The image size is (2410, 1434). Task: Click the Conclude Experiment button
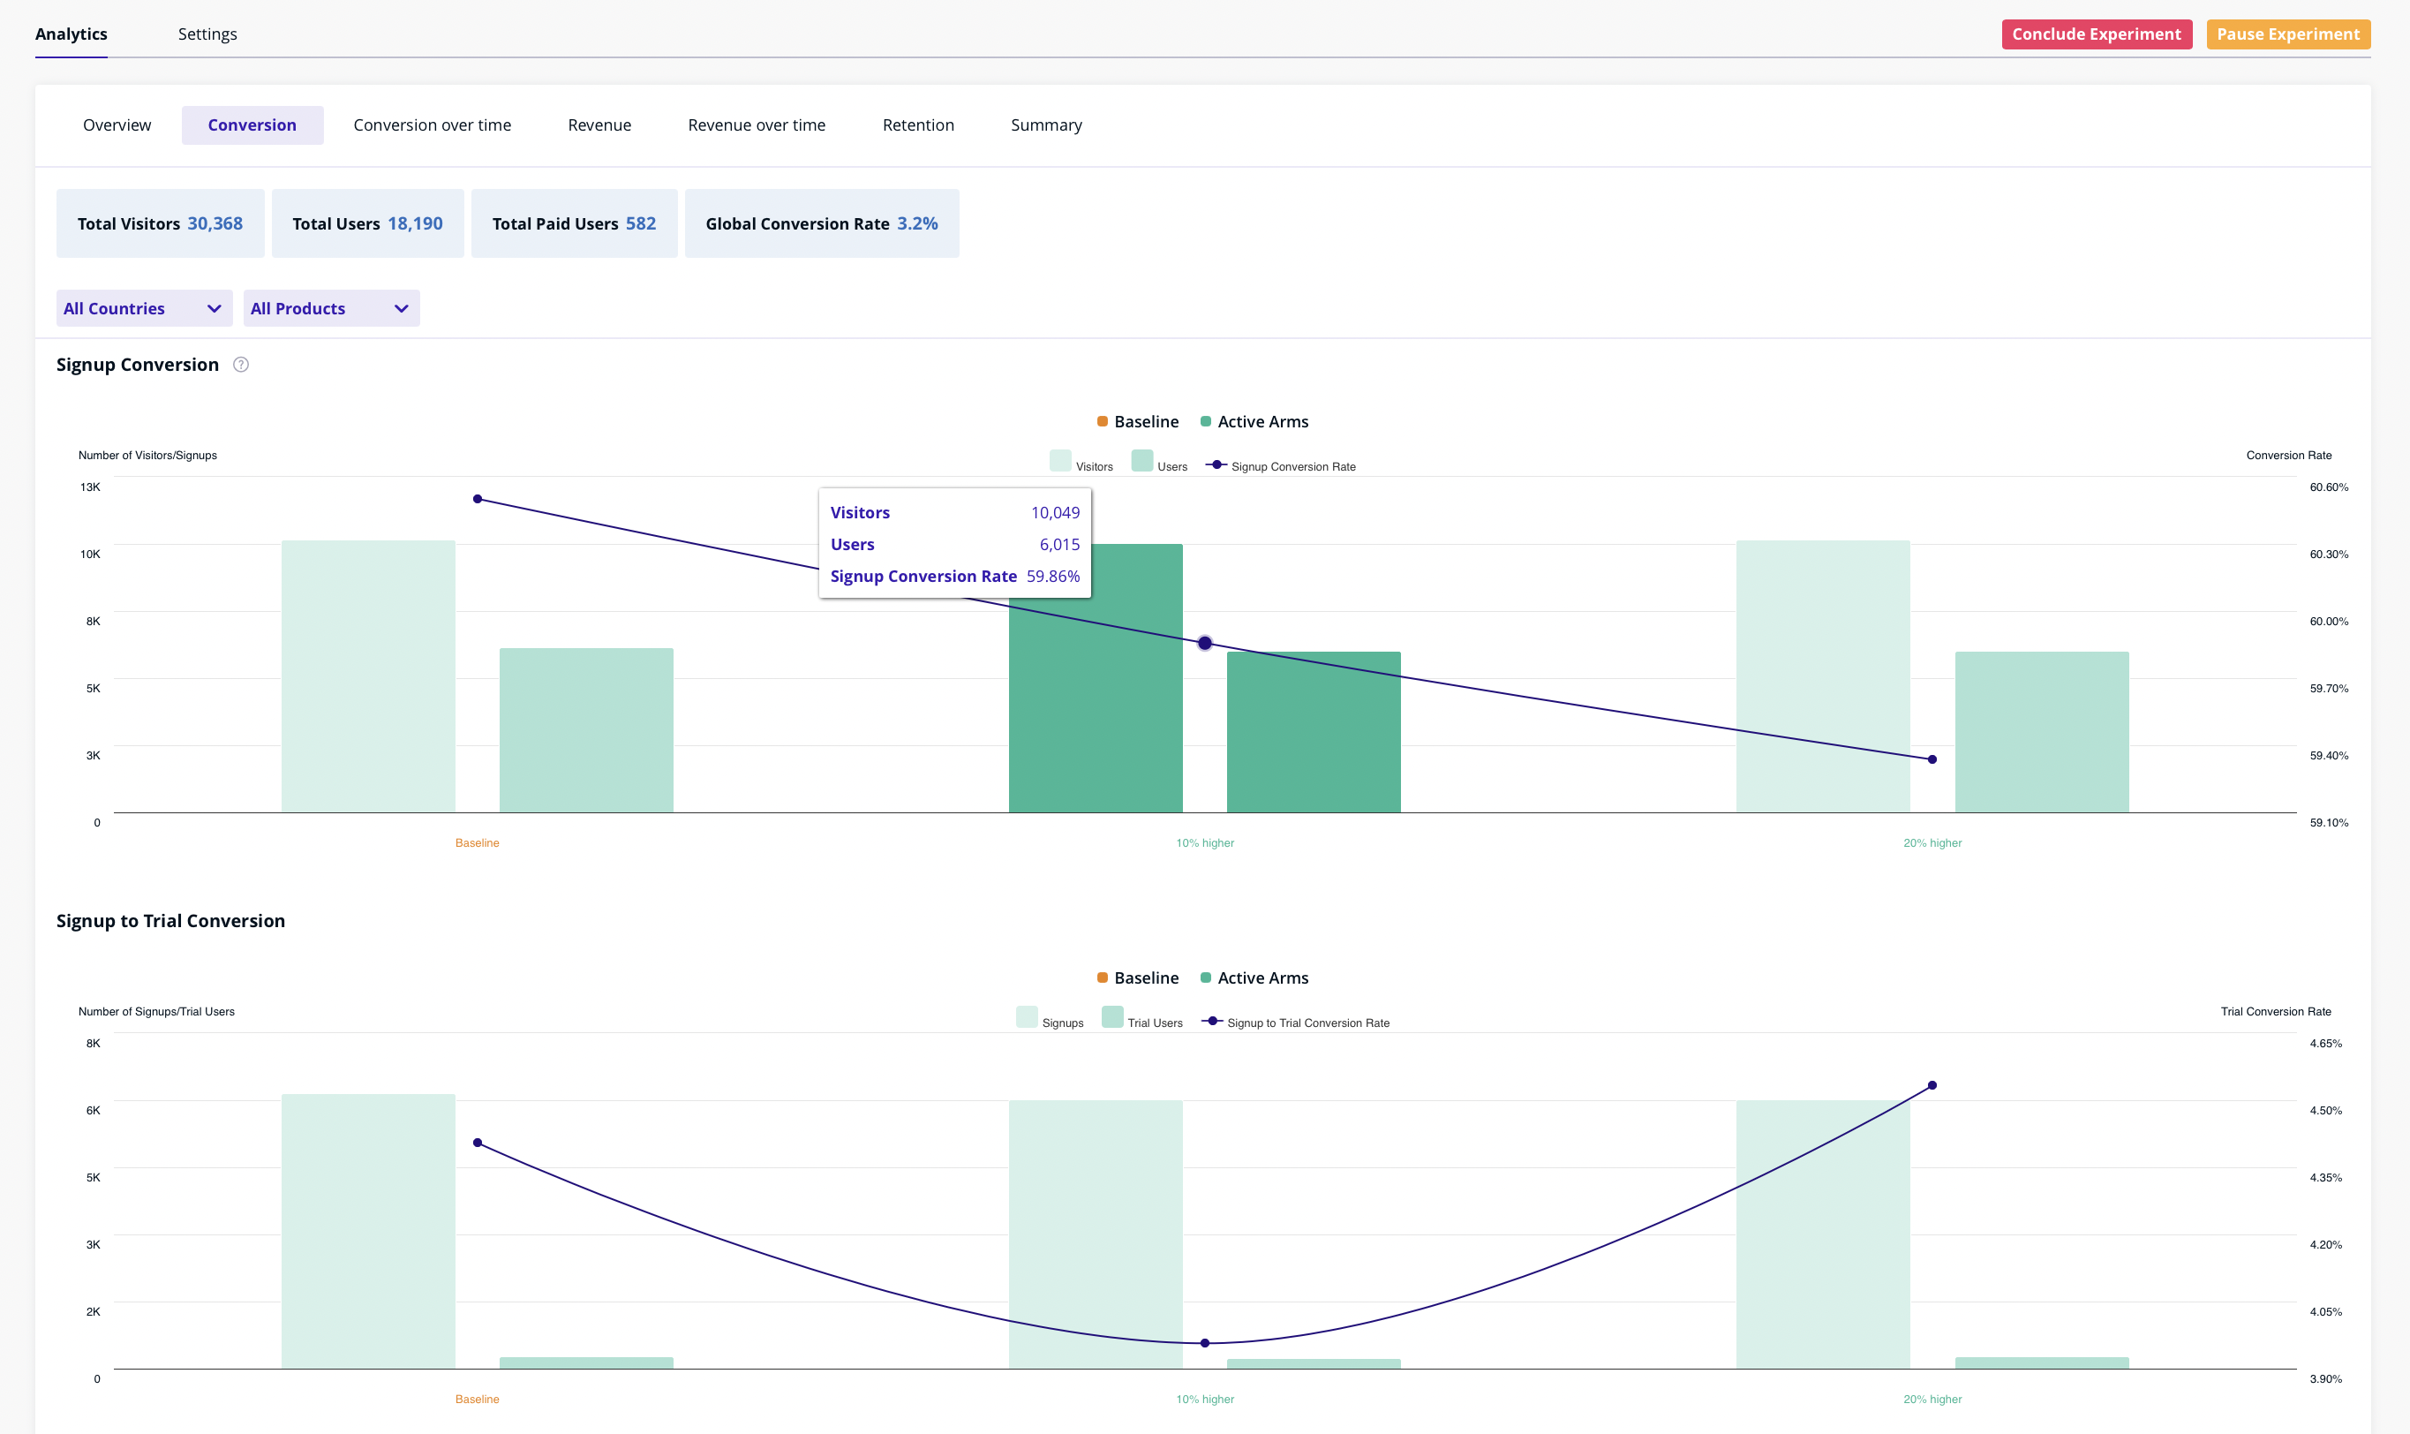(x=2095, y=34)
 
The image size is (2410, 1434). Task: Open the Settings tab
(x=207, y=34)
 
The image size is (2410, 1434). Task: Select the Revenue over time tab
(x=756, y=125)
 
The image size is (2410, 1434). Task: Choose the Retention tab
(x=916, y=125)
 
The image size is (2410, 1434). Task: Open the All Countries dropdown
(x=143, y=308)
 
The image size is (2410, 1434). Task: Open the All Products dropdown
(x=330, y=308)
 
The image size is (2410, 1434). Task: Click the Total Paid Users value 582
(x=639, y=223)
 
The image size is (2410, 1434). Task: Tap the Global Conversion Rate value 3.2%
(x=915, y=223)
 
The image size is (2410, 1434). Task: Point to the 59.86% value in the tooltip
(x=1052, y=576)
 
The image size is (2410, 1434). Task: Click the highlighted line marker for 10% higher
(x=1203, y=643)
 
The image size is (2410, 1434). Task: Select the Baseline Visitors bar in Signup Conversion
(x=368, y=675)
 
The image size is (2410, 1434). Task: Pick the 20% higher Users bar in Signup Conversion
(x=2040, y=731)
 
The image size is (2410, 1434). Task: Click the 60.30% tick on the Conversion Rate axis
(x=2327, y=555)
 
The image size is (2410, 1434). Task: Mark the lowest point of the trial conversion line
(x=1203, y=1342)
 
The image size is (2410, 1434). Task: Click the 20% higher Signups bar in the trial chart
(x=1822, y=1234)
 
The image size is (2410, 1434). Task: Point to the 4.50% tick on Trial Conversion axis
(x=2324, y=1110)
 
